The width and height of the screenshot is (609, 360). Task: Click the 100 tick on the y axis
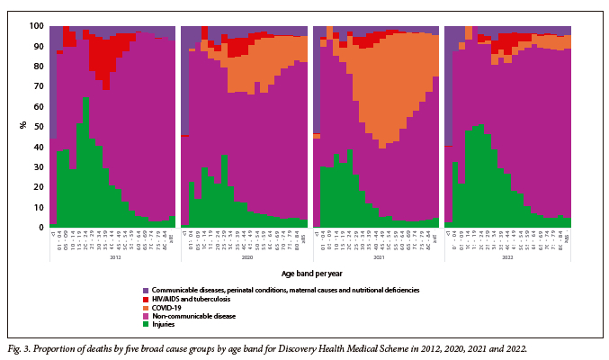point(35,26)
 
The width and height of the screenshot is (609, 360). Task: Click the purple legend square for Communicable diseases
point(146,290)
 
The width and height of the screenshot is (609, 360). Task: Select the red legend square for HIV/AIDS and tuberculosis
point(146,298)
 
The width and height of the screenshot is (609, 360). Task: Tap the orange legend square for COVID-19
point(146,306)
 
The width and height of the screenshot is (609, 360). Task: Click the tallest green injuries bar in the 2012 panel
point(85,162)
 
